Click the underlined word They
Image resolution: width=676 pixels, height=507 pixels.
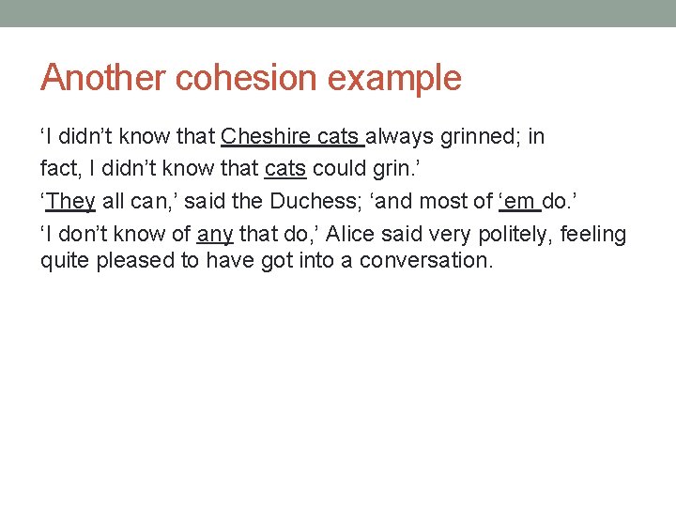coord(69,201)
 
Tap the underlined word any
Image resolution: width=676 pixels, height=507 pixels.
coord(214,234)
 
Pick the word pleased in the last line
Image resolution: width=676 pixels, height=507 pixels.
coord(131,260)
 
